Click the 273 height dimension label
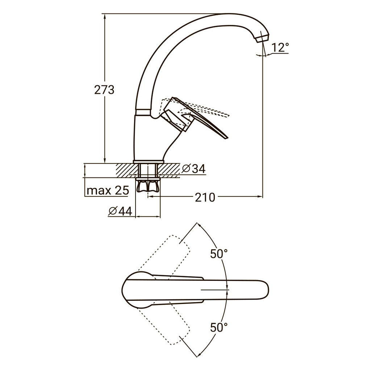click(104, 90)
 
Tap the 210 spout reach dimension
click(205, 197)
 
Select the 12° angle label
click(280, 47)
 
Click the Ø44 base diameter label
click(120, 211)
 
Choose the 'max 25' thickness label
click(108, 190)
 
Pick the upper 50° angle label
click(219, 254)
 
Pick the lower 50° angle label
click(219, 328)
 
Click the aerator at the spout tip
click(262, 38)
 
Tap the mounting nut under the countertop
click(148, 186)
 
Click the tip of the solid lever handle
click(228, 138)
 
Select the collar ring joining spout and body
click(143, 112)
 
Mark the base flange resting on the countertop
click(148, 162)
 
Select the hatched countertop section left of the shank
click(127, 171)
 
